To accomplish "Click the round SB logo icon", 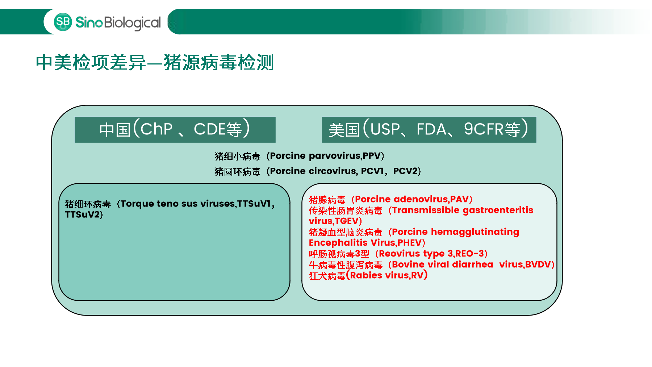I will pyautogui.click(x=63, y=22).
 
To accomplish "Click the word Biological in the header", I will pyautogui.click(x=132, y=23).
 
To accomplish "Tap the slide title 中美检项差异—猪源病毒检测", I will pyautogui.click(x=155, y=62).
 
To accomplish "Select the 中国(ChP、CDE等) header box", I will pyautogui.click(x=175, y=129).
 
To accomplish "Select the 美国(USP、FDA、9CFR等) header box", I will pyautogui.click(x=429, y=129).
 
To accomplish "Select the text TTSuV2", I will pyautogui.click(x=82, y=214).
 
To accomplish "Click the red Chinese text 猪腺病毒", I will pyautogui.click(x=327, y=200).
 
